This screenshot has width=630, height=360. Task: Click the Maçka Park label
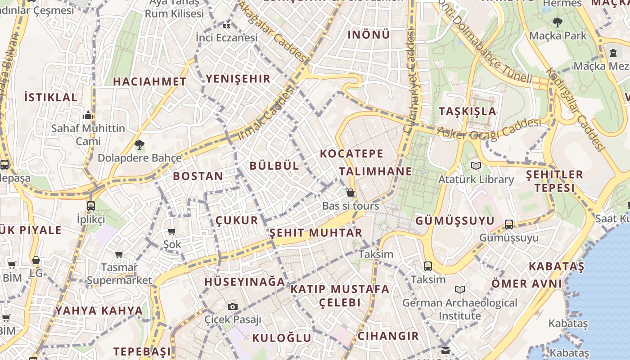point(558,36)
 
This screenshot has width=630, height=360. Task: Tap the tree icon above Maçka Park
point(558,22)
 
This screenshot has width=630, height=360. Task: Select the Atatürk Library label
point(476,180)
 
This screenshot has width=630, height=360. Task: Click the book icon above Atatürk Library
point(476,166)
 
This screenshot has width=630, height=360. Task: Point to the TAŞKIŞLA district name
point(468,111)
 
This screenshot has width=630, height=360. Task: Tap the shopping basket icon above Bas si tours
point(351,193)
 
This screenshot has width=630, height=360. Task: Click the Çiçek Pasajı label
point(233,320)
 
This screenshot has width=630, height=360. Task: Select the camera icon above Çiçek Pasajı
point(233,307)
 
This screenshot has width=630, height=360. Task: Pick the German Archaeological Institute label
point(459,309)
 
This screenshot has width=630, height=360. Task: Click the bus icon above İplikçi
point(91,206)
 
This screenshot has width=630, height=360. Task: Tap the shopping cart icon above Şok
point(171,232)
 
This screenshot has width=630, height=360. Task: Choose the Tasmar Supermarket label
point(119,274)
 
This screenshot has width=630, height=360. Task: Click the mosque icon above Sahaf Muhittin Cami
point(88,115)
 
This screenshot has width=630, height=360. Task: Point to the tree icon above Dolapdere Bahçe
point(139,145)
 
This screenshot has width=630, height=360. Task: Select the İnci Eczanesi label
point(226,37)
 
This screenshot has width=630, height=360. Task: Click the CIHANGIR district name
point(388,336)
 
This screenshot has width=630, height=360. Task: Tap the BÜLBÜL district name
point(274,166)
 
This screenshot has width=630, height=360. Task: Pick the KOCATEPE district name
point(351,153)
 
